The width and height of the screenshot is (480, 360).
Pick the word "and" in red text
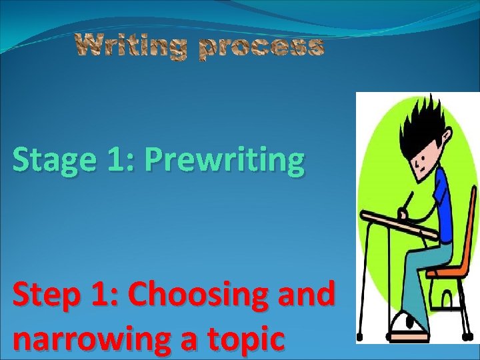coord(309,294)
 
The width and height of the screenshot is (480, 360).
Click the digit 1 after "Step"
coord(103,294)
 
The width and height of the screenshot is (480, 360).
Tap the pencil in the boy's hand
coord(409,201)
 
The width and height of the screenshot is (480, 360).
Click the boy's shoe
coord(408,325)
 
